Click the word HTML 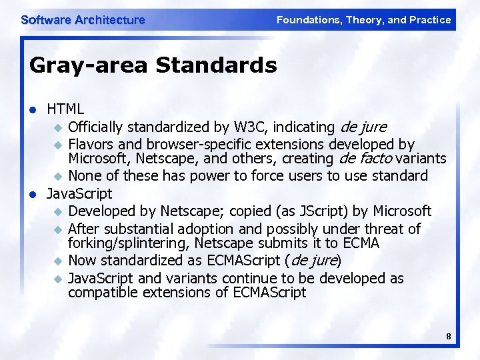[65, 109]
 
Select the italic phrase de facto [366, 159]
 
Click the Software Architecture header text [83, 20]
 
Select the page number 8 [449, 337]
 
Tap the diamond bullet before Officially [57, 127]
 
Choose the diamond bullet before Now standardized [57, 261]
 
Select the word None [85, 176]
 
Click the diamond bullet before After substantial [57, 229]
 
